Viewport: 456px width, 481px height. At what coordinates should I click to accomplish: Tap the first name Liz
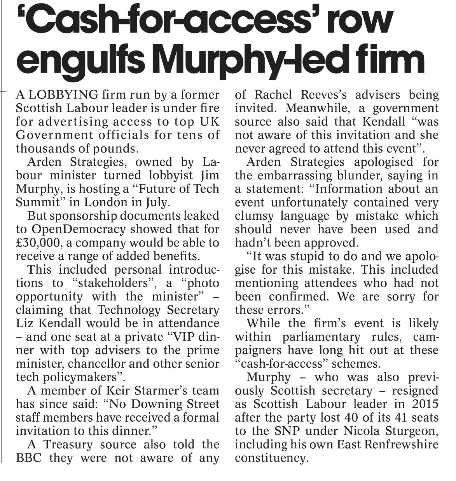(x=24, y=323)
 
